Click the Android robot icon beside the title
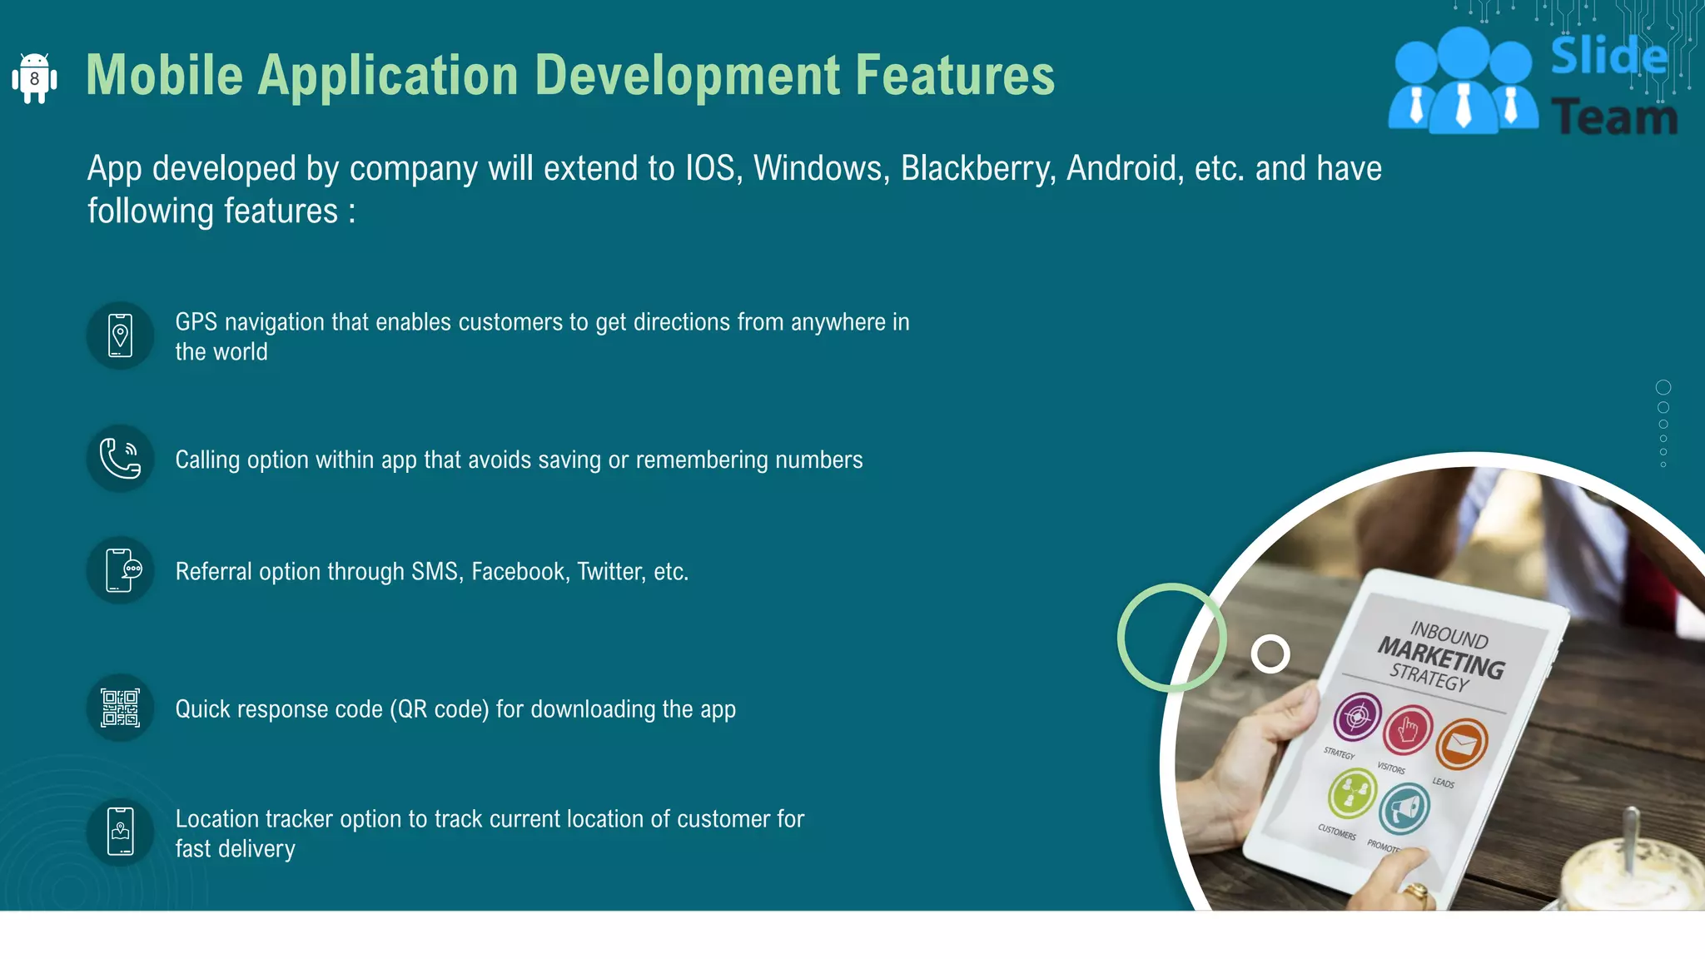pyautogui.click(x=34, y=78)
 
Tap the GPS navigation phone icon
pyautogui.click(x=120, y=335)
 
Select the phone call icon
pyautogui.click(x=120, y=459)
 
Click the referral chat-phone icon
pyautogui.click(x=121, y=570)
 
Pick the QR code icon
pyautogui.click(x=120, y=708)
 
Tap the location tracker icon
pyautogui.click(x=121, y=832)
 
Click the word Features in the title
pyautogui.click(x=955, y=75)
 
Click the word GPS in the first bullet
pyautogui.click(x=196, y=322)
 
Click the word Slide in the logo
pyautogui.click(x=1608, y=57)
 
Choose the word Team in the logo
pyautogui.click(x=1613, y=117)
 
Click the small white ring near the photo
pyautogui.click(x=1270, y=654)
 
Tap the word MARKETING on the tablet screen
pyautogui.click(x=1441, y=657)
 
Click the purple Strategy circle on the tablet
pyautogui.click(x=1357, y=716)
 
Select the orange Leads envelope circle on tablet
pyautogui.click(x=1461, y=743)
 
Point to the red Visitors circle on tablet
pyautogui.click(x=1408, y=729)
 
